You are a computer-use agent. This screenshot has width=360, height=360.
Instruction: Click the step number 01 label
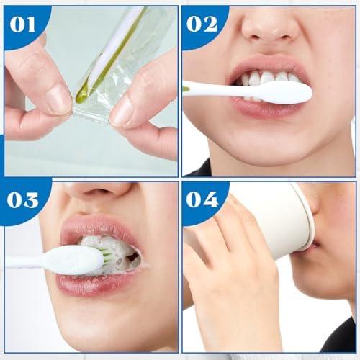[22, 24]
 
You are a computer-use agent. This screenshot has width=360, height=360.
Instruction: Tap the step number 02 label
[202, 24]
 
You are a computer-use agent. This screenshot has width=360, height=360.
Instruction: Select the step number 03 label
[22, 199]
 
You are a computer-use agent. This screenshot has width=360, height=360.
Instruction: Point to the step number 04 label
[202, 199]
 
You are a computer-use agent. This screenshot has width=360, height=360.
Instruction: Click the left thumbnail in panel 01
[57, 98]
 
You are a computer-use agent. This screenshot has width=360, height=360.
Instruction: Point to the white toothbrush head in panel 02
[283, 92]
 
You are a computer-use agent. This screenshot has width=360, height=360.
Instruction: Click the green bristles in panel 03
[106, 254]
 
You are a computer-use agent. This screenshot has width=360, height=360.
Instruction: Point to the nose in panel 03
[101, 194]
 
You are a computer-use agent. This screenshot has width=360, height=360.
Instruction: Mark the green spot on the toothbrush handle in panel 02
[186, 89]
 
